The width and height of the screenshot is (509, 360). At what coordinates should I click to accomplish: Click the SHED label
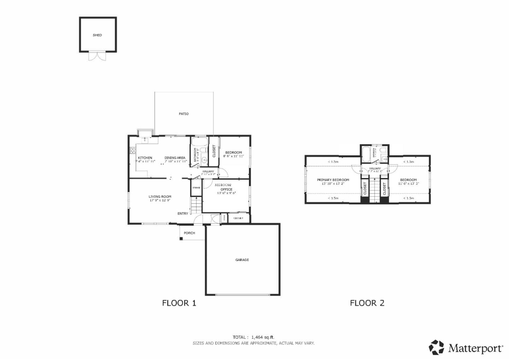click(x=97, y=35)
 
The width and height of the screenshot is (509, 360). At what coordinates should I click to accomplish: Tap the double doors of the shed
click(x=97, y=56)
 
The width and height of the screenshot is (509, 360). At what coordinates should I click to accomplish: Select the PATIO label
click(x=184, y=114)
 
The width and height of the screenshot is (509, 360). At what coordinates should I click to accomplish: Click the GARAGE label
click(x=242, y=260)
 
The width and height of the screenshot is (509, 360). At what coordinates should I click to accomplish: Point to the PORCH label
click(x=189, y=233)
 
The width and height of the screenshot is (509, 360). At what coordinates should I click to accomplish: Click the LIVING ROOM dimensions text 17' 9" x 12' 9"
click(x=160, y=201)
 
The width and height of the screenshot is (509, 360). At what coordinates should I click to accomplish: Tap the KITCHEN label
click(x=145, y=158)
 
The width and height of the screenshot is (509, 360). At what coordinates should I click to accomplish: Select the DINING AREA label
click(x=175, y=158)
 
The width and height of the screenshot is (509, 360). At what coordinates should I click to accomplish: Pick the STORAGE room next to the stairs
click(x=196, y=187)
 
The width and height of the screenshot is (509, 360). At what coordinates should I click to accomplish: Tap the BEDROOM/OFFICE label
click(x=223, y=185)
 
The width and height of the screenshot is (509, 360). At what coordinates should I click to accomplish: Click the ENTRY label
click(x=183, y=214)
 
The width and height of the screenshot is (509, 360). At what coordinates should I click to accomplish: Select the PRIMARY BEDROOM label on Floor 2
click(x=333, y=180)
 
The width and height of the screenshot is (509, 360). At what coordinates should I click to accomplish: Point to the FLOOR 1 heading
click(x=179, y=303)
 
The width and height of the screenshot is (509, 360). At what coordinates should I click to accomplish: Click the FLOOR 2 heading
click(x=367, y=303)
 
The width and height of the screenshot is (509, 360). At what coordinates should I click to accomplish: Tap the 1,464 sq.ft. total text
click(x=263, y=337)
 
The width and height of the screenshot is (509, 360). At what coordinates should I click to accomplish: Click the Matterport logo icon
click(x=437, y=347)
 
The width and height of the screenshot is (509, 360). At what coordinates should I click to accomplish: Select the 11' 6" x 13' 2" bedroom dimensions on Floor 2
click(x=408, y=184)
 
